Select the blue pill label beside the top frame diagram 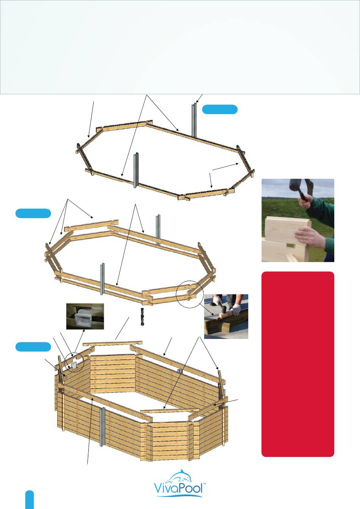(220, 109)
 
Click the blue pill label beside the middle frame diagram (33, 213)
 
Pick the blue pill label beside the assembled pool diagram (33, 347)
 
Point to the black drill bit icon (142, 317)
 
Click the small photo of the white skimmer (85, 316)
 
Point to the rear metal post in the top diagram (194, 120)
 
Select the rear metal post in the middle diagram (158, 230)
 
